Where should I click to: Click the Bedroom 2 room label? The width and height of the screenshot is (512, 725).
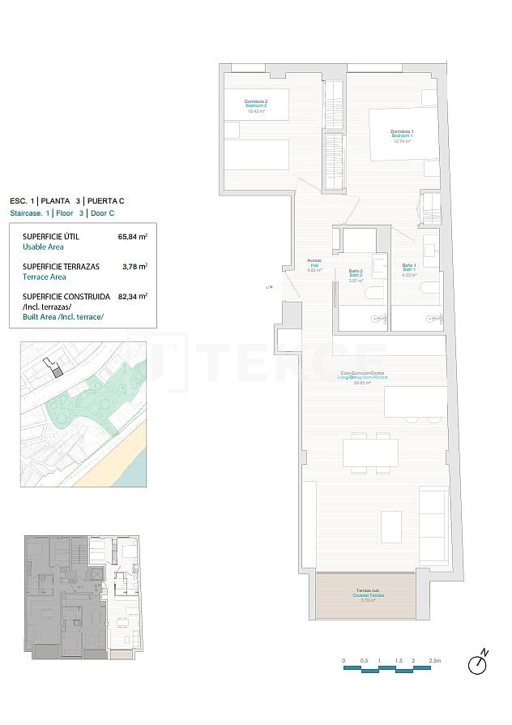point(256,105)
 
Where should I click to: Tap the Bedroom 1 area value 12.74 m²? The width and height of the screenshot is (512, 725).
point(402,141)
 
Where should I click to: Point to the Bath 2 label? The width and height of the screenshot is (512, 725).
point(355,274)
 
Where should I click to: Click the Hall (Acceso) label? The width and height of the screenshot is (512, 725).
point(314,264)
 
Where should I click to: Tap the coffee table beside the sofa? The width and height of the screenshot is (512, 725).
point(390,527)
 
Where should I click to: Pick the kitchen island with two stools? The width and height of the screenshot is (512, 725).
point(415,402)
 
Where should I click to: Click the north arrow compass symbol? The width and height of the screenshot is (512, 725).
point(479,663)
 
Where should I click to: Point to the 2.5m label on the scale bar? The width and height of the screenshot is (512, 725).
point(435,661)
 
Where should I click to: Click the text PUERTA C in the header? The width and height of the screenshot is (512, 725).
point(106,200)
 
